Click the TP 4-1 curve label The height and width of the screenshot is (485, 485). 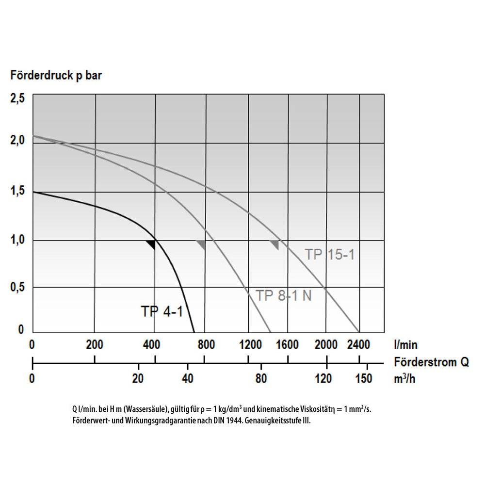pyautogui.click(x=162, y=311)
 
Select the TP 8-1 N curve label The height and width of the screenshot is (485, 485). pyautogui.click(x=284, y=295)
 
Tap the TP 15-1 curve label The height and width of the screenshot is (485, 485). pyautogui.click(x=330, y=254)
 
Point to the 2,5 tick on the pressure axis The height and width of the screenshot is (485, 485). pyautogui.click(x=17, y=99)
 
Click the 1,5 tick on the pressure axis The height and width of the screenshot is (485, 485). pyautogui.click(x=17, y=193)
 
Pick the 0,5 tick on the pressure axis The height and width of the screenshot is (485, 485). pyautogui.click(x=17, y=288)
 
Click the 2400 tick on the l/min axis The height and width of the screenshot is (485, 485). pyautogui.click(x=358, y=345)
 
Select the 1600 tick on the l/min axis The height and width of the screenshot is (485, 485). pyautogui.click(x=288, y=345)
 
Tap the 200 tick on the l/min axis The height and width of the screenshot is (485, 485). pyautogui.click(x=95, y=345)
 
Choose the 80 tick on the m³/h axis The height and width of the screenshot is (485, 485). pyautogui.click(x=261, y=378)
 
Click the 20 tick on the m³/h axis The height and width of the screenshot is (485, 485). pyautogui.click(x=139, y=378)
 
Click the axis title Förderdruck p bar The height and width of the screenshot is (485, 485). pyautogui.click(x=56, y=76)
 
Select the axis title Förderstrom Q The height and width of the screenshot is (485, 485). pyautogui.click(x=432, y=362)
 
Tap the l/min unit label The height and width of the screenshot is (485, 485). pyautogui.click(x=405, y=345)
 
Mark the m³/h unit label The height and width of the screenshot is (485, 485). pyautogui.click(x=405, y=378)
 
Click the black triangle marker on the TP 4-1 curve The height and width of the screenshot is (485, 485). pyautogui.click(x=151, y=244)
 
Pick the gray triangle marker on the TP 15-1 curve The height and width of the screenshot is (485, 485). pyautogui.click(x=275, y=244)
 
